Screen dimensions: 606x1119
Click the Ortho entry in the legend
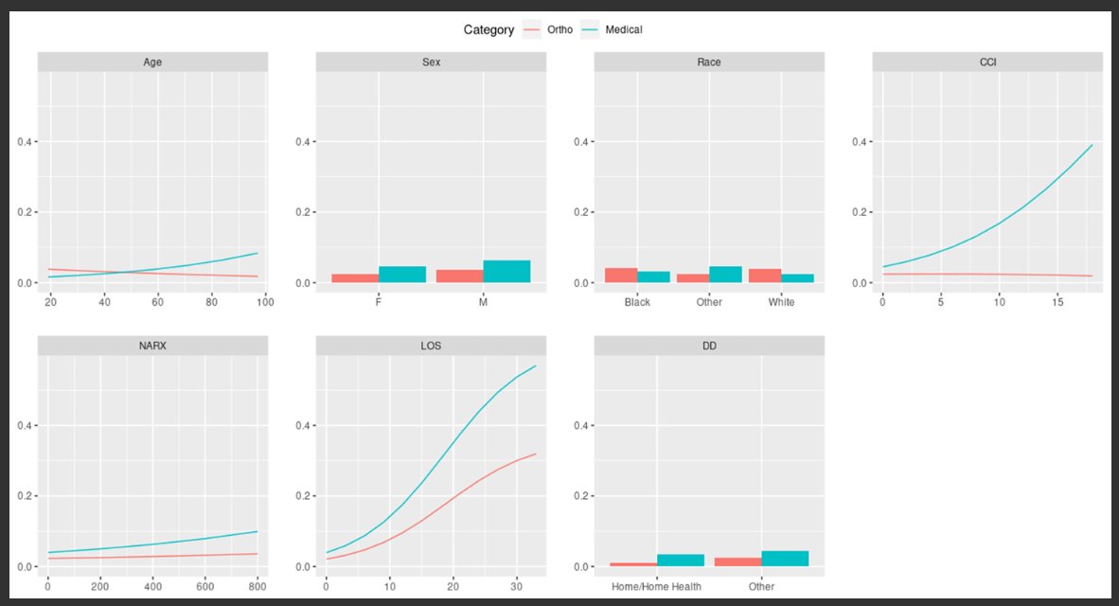pos(560,30)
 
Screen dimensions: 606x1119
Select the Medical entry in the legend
pos(624,30)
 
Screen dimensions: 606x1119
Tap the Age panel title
pos(152,62)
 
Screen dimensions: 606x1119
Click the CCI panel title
pos(987,62)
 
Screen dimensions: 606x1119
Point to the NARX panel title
pos(152,347)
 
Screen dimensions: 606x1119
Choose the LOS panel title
pos(431,347)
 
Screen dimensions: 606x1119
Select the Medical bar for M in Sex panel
pos(506,271)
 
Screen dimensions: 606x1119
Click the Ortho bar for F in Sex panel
pos(355,277)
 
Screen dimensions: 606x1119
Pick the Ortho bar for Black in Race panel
pos(621,275)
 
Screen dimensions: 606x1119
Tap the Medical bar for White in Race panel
pos(798,277)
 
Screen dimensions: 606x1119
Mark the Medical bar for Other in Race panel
pos(726,274)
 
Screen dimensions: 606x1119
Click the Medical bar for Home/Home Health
pos(681,560)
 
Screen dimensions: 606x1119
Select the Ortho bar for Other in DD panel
pos(737,561)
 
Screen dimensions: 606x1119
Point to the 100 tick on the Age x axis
pos(266,302)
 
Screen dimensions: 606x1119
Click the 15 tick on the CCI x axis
pos(1057,302)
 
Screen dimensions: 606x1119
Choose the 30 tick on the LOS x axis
pos(516,586)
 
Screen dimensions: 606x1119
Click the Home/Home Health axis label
pos(656,586)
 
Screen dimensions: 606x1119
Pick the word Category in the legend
pos(488,30)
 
